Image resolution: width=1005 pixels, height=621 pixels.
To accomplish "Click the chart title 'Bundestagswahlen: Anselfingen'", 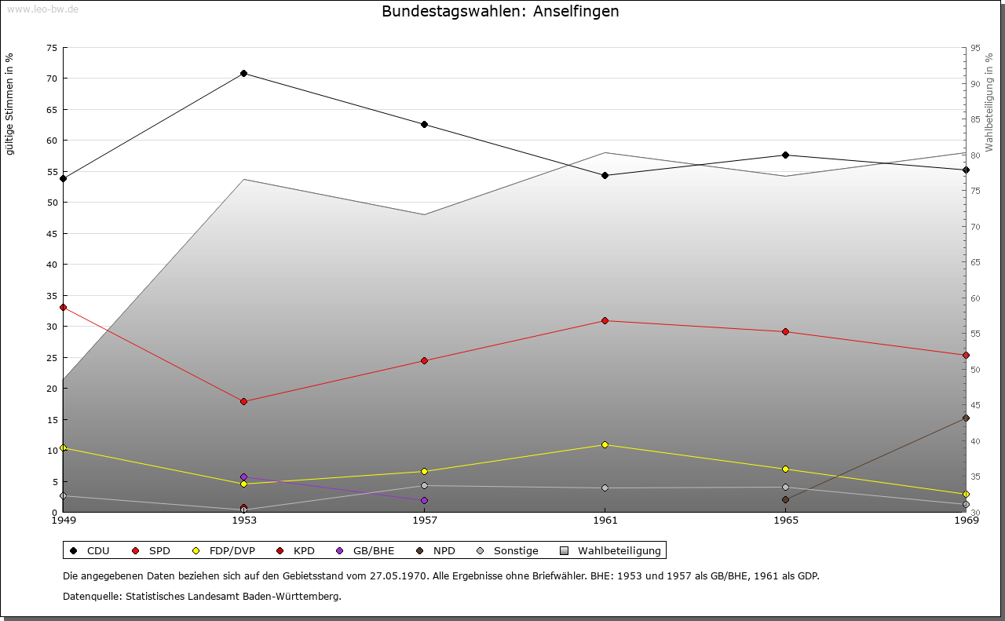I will (500, 11).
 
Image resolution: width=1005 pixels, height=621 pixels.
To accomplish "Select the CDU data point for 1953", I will (243, 74).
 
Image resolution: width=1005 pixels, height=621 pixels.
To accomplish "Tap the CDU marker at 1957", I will (424, 125).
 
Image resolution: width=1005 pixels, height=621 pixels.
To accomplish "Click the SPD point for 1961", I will (605, 320).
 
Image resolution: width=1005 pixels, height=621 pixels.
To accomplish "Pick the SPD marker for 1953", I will (243, 401).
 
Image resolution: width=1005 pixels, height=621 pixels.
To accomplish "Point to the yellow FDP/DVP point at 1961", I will (605, 444).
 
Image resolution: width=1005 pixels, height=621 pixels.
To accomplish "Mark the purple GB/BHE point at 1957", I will (424, 500).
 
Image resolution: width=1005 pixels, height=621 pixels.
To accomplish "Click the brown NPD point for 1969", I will (966, 418).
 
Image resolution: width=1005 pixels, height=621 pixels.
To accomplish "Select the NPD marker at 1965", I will (785, 499).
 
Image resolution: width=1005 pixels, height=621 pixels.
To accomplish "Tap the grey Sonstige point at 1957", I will (424, 485).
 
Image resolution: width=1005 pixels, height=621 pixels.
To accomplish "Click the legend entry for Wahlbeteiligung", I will (612, 550).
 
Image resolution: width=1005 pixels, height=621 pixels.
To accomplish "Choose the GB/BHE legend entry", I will (367, 550).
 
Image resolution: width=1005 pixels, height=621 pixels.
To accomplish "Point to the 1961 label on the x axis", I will (605, 520).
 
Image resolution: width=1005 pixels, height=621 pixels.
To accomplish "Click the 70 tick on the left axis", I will (51, 79).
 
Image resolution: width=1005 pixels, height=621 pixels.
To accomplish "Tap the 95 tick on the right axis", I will (975, 48).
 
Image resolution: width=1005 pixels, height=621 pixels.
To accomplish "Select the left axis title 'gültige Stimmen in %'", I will (10, 104).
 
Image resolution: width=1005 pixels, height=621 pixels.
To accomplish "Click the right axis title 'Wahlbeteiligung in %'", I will (989, 103).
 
